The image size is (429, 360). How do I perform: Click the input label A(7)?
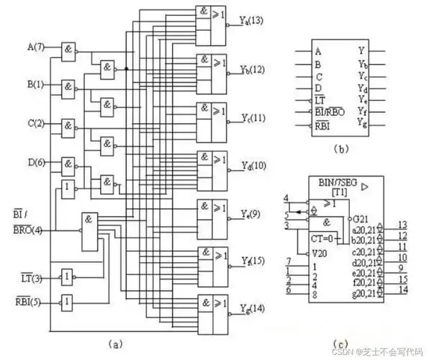coord(35,48)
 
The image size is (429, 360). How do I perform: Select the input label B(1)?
coord(35,85)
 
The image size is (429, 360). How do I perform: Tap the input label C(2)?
coord(35,123)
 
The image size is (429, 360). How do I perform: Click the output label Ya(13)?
coord(252,21)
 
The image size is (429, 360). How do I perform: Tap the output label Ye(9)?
coord(250,214)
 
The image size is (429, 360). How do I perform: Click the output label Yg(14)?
coord(253,309)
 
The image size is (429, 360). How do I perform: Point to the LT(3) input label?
coord(32,277)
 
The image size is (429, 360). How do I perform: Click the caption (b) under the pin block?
coord(342,149)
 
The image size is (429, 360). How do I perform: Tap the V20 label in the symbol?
coord(320,253)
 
